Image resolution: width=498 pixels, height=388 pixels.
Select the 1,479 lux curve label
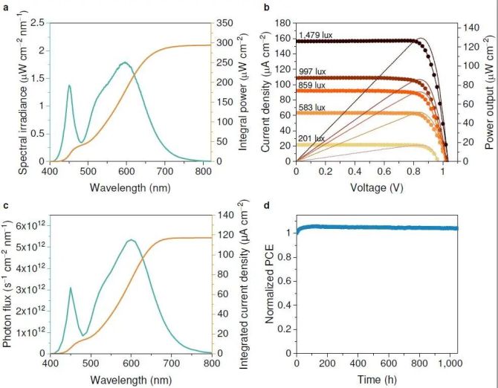[x=314, y=35]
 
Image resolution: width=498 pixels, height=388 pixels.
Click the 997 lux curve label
[x=311, y=71]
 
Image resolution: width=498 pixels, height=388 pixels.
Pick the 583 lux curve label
[x=311, y=108]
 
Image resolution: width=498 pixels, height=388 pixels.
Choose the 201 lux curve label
[x=311, y=138]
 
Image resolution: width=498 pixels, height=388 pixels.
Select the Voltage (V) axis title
[x=369, y=188]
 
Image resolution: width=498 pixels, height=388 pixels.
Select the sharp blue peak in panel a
[x=69, y=85]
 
